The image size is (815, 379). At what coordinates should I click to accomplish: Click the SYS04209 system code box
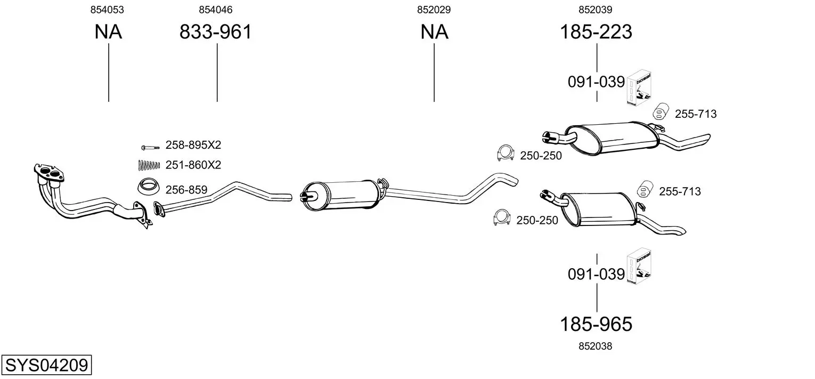[x=46, y=365]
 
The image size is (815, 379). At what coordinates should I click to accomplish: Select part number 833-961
[x=215, y=32]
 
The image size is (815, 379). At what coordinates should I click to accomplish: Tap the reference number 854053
[x=107, y=10]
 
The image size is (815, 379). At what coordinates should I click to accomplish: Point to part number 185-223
[x=596, y=32]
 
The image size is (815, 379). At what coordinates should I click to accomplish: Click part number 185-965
[x=596, y=324]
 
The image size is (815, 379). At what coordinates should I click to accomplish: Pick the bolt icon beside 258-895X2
[x=150, y=148]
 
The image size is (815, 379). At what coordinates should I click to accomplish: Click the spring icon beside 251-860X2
[x=149, y=165]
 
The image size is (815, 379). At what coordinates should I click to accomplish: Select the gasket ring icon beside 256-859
[x=149, y=187]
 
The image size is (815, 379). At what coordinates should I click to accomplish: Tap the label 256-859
[x=186, y=190]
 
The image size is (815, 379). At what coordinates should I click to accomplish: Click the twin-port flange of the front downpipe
[x=49, y=173]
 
